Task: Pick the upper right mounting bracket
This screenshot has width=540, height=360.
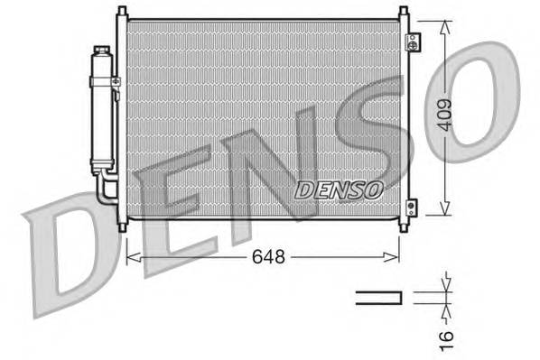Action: coord(413,42)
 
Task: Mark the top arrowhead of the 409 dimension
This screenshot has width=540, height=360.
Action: coord(444,25)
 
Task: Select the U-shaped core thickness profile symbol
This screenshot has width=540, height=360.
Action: coord(378,297)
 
